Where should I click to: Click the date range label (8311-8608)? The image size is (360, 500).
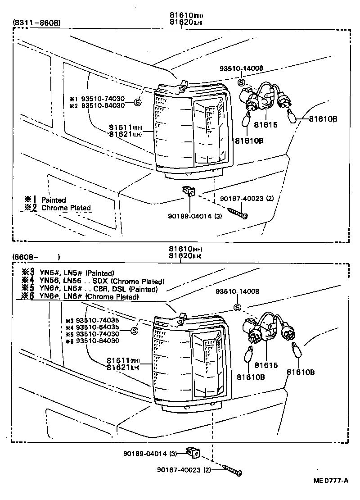click(x=36, y=23)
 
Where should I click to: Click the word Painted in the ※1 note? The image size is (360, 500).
click(x=54, y=200)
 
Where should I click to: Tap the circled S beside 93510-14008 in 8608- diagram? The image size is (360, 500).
click(x=237, y=308)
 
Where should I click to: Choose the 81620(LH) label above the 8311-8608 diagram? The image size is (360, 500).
click(x=185, y=22)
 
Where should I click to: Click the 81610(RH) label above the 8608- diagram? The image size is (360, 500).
click(x=185, y=249)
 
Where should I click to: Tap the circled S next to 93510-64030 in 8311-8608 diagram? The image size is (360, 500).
click(x=138, y=103)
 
